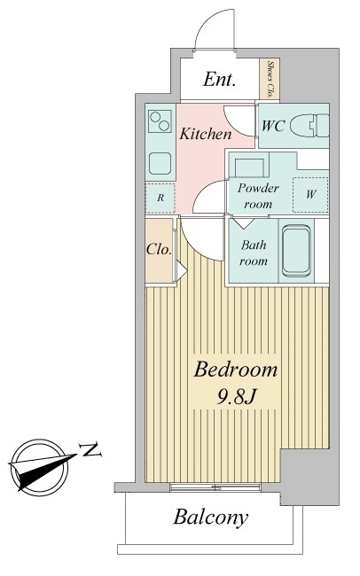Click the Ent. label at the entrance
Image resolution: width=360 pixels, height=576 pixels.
coord(220,79)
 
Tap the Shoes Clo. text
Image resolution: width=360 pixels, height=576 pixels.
coord(270,79)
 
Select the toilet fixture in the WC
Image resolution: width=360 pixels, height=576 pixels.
coord(309,125)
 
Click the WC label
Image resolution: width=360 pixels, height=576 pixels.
coord(273,126)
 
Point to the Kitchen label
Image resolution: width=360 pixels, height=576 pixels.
coord(206,134)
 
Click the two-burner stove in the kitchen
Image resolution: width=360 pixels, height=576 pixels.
coord(160,121)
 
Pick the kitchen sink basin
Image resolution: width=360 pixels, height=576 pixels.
coord(160,163)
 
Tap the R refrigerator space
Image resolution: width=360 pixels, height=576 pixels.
coord(160,198)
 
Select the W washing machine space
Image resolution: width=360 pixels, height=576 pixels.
coord(310,195)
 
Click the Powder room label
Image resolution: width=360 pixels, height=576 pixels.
coord(258,196)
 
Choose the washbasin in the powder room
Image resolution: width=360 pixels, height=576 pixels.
coord(249,167)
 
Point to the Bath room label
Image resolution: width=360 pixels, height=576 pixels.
coord(254,253)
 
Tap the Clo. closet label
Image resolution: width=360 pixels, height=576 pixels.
coord(159,249)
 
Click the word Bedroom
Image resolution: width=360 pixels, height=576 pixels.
coord(236,370)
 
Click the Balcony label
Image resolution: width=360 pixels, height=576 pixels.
coord(211,518)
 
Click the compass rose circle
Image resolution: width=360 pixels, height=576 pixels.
coord(39,465)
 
